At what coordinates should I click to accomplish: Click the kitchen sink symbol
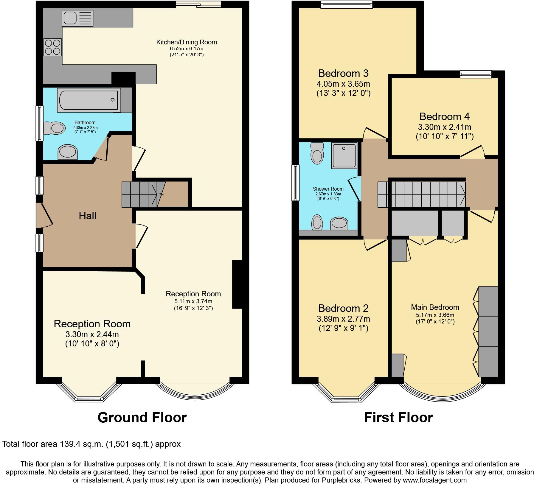[77, 18]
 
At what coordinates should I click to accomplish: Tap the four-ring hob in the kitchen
[53, 47]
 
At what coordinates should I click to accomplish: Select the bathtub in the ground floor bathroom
[89, 100]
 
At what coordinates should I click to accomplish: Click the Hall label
[87, 216]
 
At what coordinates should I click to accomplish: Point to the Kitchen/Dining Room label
[187, 42]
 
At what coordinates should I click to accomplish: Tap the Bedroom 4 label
[444, 116]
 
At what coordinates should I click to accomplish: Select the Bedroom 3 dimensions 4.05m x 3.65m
[343, 84]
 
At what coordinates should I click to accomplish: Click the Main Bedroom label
[435, 307]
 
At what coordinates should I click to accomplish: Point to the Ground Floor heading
[142, 417]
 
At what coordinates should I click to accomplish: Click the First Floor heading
[398, 417]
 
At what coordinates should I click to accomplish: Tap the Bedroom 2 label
[343, 308]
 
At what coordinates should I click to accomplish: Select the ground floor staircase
[143, 194]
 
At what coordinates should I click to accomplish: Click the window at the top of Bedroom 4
[476, 74]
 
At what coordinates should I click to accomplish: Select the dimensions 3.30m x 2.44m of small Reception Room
[92, 334]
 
